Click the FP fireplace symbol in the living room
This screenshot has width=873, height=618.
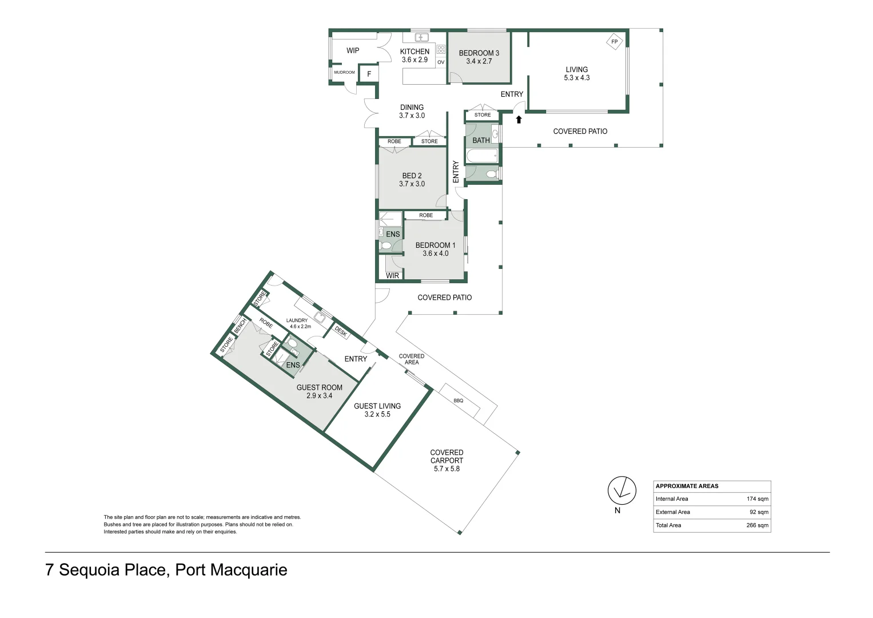614,42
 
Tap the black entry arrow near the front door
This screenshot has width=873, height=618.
519,120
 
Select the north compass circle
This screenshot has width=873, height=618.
621,490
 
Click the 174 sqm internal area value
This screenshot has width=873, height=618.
757,499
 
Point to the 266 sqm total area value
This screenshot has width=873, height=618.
757,525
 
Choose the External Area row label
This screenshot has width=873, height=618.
672,512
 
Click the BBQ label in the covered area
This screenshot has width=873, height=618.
459,401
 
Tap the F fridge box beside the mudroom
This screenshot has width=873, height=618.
369,74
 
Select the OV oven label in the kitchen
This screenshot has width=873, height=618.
441,62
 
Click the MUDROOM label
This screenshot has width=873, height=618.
344,73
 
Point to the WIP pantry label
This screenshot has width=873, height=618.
353,50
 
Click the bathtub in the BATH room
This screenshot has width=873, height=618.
482,156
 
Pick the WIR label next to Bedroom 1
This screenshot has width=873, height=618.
392,276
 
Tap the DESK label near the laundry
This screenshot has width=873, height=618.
341,331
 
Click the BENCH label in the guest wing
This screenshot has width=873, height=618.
240,326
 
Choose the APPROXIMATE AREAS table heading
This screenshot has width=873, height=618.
687,486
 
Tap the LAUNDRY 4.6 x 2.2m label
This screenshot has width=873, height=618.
298,323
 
